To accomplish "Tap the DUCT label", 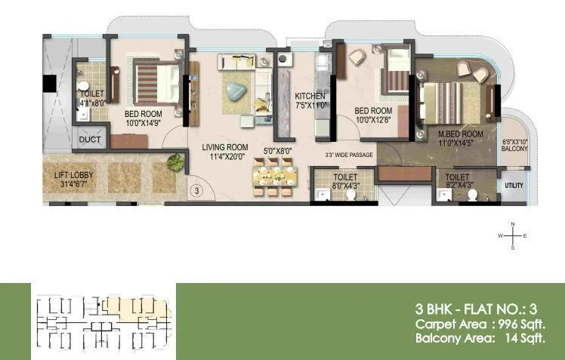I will pyautogui.click(x=90, y=140).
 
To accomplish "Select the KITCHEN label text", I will pyautogui.click(x=310, y=96).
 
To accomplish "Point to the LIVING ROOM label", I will pyautogui.click(x=224, y=147).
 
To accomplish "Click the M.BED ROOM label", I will pyautogui.click(x=461, y=134).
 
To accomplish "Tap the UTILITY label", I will pyautogui.click(x=514, y=185).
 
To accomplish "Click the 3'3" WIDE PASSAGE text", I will pyautogui.click(x=349, y=156).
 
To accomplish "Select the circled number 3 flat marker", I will pyautogui.click(x=195, y=191).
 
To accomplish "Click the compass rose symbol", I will pyautogui.click(x=513, y=236).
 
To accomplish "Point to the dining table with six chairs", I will pyautogui.click(x=272, y=180).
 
